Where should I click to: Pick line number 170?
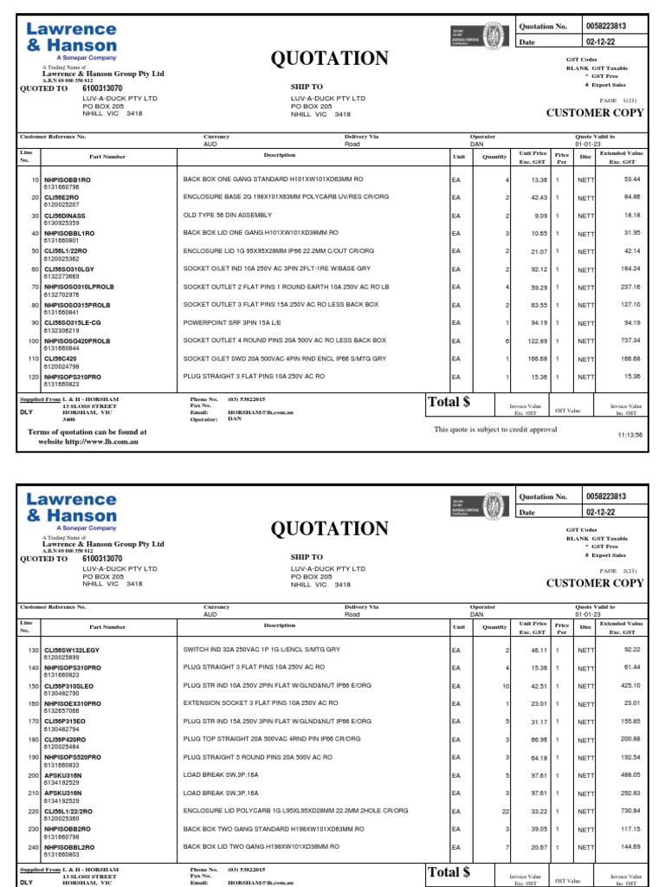coord(34,721)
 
